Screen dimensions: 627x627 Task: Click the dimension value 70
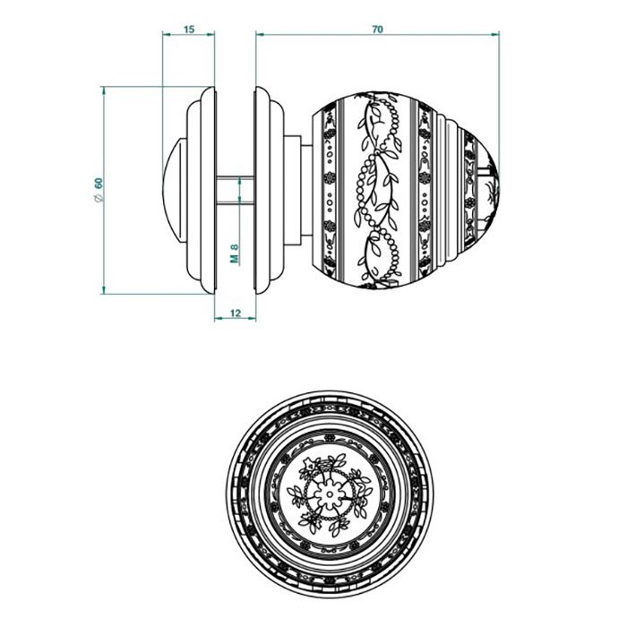pos(377,30)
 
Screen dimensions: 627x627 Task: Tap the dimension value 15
pos(189,30)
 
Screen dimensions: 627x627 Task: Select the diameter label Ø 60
pos(99,189)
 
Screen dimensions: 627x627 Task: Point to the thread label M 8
pos(234,253)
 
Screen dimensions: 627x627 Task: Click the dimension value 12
pos(236,313)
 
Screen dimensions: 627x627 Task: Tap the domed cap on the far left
pos(173,189)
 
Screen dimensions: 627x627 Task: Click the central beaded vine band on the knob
pos(376,189)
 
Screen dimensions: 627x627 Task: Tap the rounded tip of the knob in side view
pos(494,189)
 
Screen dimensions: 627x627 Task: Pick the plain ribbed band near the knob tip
pos(452,189)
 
